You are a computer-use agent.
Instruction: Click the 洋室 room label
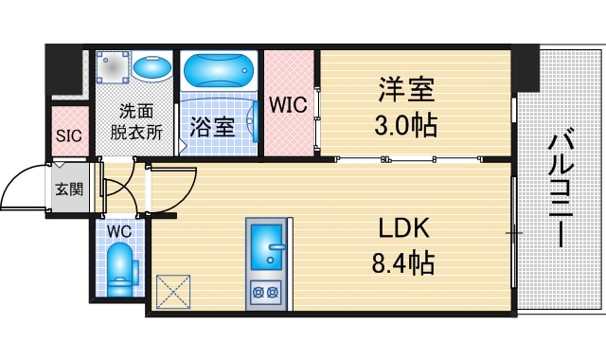point(408,92)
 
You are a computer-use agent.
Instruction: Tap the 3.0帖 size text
point(408,125)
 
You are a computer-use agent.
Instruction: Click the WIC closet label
point(288,104)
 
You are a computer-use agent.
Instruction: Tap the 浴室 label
point(211,127)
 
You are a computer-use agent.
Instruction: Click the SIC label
point(69,135)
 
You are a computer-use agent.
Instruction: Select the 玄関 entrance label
point(68,189)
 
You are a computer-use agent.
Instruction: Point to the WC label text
point(118,230)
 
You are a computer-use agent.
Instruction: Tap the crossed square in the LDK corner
point(174,290)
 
